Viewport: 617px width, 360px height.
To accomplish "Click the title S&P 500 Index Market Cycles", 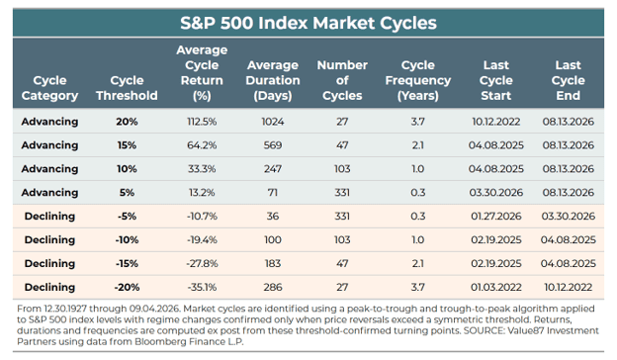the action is tap(308, 23).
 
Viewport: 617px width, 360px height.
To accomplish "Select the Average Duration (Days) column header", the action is tap(273, 80).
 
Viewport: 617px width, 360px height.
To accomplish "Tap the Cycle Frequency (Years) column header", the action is tap(418, 80).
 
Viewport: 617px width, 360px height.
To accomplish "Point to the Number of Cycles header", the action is tap(342, 80).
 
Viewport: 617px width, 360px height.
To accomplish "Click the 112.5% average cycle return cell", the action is tap(202, 122).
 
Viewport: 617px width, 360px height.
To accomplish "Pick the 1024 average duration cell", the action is tap(273, 122).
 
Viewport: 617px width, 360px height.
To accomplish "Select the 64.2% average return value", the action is tap(202, 145).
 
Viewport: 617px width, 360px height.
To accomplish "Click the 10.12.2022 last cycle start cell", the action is tap(496, 122).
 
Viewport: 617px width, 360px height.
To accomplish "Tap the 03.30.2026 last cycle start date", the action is tap(496, 193).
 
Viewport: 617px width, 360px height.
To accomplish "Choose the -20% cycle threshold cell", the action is tap(127, 287).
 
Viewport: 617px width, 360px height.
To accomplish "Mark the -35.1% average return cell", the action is tap(202, 287).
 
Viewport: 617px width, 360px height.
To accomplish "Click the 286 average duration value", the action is tap(273, 287).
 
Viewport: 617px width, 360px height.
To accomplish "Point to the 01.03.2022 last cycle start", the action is tap(496, 287).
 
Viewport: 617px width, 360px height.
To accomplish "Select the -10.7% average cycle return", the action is tap(202, 216).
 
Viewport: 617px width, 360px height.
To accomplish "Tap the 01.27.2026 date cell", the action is tap(496, 216).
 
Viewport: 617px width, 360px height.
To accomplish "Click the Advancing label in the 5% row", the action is tap(49, 193).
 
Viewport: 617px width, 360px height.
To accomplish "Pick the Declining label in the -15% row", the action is tap(49, 263).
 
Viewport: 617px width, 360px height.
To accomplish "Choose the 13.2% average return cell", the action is tap(202, 193).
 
